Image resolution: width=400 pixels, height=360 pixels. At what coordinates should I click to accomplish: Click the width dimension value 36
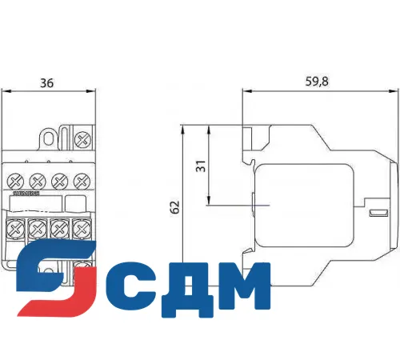coord(48,82)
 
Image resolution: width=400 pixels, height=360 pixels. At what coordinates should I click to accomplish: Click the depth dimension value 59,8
coord(317,82)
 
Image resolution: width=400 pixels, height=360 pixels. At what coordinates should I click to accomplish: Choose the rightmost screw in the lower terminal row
coord(80,230)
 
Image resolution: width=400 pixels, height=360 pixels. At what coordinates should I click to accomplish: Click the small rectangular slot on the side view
coord(374,214)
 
